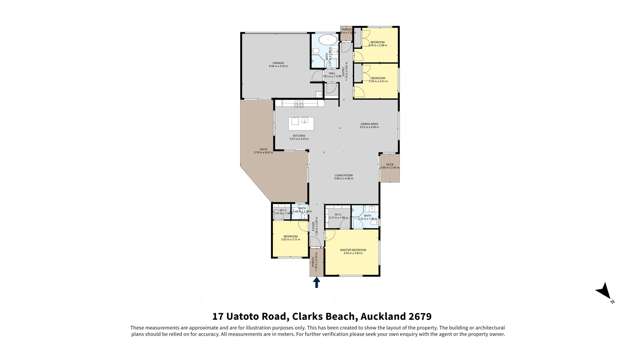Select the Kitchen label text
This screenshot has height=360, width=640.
click(x=299, y=135)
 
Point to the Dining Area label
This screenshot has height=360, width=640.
click(x=369, y=125)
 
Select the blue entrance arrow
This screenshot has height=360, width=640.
click(x=317, y=283)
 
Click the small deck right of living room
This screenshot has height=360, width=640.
click(x=390, y=166)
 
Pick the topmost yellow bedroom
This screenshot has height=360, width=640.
click(x=377, y=42)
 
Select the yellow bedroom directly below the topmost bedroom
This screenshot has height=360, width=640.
click(x=377, y=79)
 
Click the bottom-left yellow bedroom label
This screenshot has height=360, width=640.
click(x=289, y=238)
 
